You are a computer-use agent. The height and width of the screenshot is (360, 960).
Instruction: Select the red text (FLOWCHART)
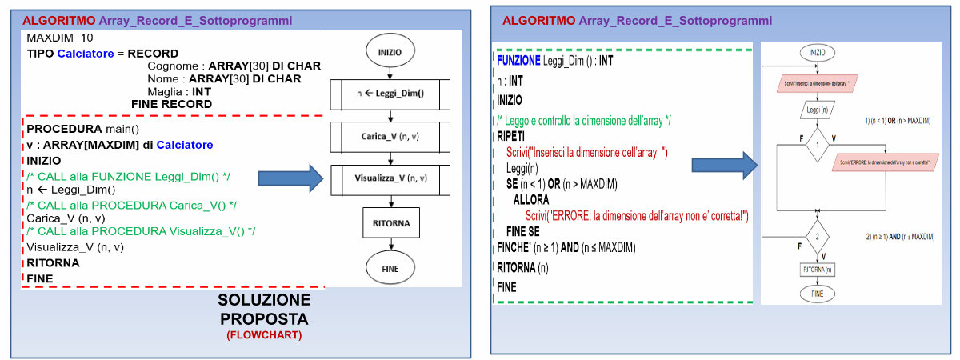click(x=263, y=335)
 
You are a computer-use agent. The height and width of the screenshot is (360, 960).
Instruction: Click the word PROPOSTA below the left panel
click(x=263, y=318)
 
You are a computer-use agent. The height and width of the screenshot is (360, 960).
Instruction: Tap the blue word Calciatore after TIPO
click(x=86, y=54)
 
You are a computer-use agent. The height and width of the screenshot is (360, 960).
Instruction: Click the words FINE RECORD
click(x=171, y=104)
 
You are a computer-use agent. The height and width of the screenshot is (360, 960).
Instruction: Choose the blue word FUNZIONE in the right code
click(x=518, y=60)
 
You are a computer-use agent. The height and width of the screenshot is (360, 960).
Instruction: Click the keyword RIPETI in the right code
click(x=511, y=137)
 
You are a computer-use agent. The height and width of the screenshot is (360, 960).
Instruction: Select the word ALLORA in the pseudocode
click(x=531, y=199)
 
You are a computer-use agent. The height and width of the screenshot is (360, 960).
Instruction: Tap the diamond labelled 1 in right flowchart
click(x=817, y=146)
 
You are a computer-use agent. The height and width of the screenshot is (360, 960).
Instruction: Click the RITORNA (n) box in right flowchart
click(x=817, y=270)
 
